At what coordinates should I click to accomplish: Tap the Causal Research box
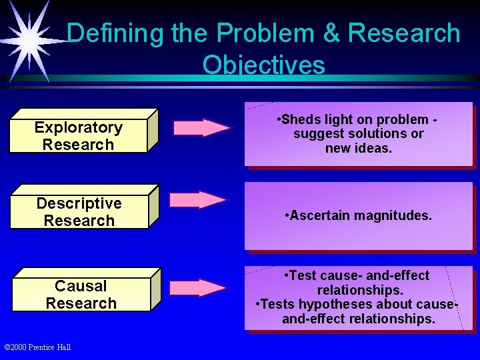(81, 294)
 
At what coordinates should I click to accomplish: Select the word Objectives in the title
(263, 65)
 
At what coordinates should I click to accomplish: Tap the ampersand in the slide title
(333, 33)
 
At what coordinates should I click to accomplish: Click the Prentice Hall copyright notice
(37, 347)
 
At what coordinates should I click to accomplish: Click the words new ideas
(359, 148)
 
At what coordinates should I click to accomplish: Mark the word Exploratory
(79, 127)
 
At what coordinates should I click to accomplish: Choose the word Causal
(81, 286)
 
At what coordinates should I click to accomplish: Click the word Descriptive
(79, 203)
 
